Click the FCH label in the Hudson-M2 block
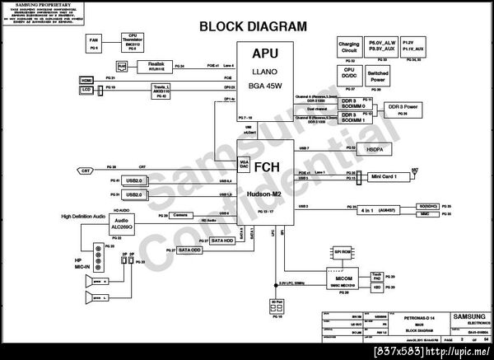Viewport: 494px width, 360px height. [x=265, y=166]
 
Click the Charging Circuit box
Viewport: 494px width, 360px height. [x=349, y=47]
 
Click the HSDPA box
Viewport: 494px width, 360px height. [x=374, y=148]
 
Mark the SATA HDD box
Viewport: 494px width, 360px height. [x=221, y=241]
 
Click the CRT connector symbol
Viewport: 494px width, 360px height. [x=86, y=171]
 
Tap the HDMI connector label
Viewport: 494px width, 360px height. [x=87, y=79]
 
